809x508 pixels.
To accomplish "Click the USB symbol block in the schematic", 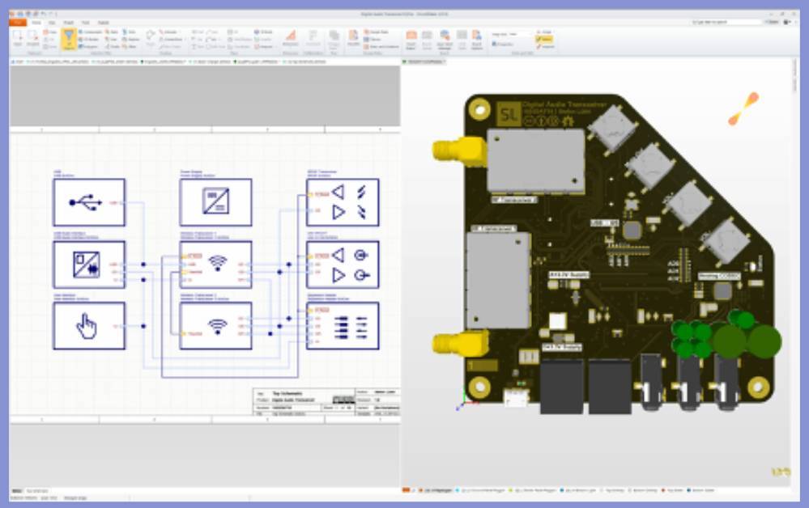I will [89, 202].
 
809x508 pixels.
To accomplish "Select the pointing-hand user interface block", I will [89, 325].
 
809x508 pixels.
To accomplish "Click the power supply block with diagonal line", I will [215, 202].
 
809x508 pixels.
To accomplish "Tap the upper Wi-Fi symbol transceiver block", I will [215, 264].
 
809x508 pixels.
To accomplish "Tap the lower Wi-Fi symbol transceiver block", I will [215, 325].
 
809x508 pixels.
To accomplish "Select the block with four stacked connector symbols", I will [343, 325].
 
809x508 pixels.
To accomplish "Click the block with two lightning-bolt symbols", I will [343, 202].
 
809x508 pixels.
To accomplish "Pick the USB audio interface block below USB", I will [89, 264].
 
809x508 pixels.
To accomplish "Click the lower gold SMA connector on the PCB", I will [453, 344].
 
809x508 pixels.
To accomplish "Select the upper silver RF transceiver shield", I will [535, 160].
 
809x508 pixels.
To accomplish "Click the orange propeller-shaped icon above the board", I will [743, 109].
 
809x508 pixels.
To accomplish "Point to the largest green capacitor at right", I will [764, 341].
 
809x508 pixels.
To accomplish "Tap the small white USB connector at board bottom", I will [514, 396].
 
